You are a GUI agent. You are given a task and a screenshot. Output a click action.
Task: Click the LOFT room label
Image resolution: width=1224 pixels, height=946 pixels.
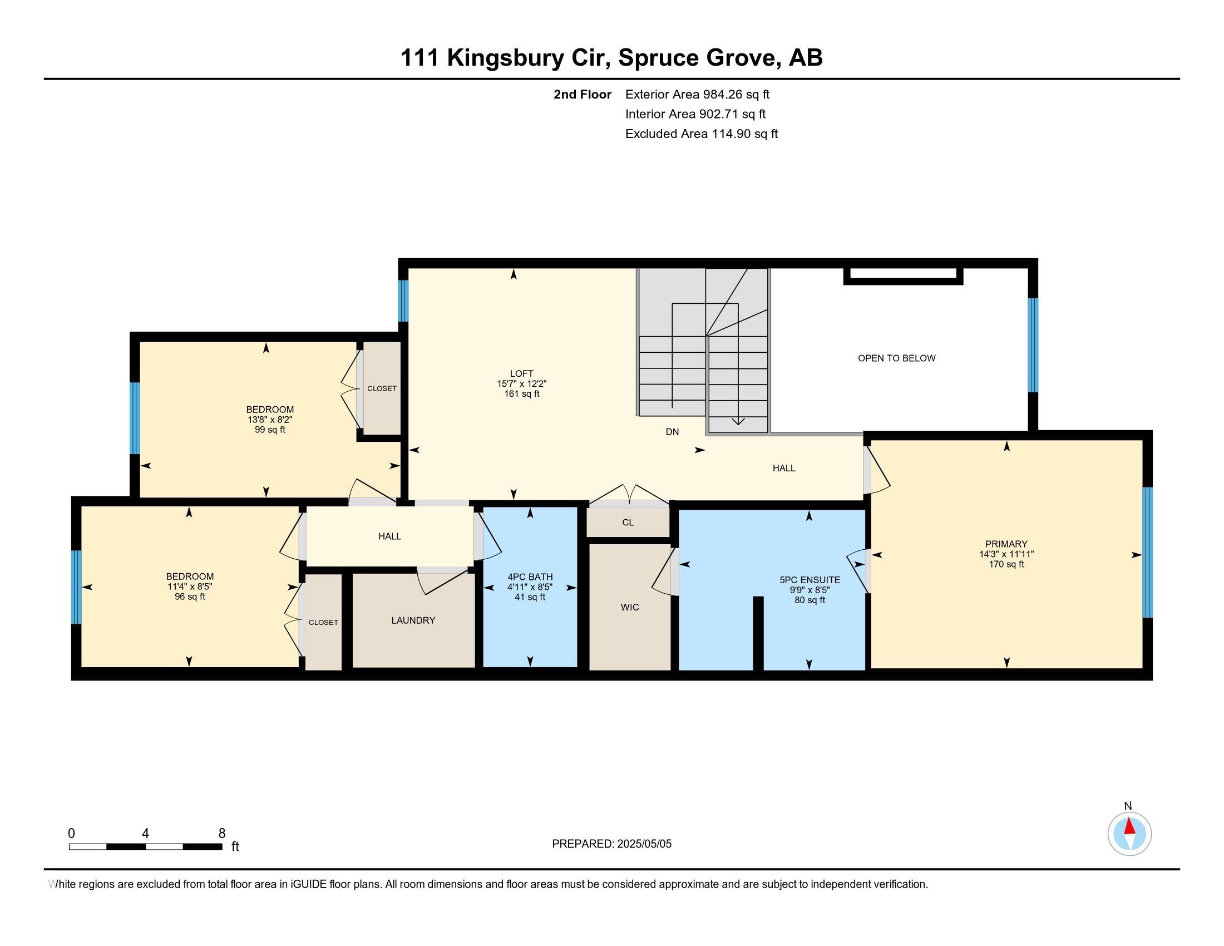(x=521, y=374)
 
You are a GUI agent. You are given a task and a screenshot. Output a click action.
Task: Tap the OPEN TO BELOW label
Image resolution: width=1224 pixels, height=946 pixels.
(x=897, y=358)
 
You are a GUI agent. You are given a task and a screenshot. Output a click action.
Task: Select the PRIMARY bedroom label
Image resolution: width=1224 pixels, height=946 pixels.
(x=1006, y=544)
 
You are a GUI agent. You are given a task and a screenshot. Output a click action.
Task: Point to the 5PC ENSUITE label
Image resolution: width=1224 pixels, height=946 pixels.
(x=810, y=580)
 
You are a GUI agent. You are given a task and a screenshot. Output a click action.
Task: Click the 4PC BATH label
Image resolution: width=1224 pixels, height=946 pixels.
(x=530, y=577)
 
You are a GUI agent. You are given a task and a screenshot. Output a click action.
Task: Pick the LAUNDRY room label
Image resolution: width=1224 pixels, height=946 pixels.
(x=413, y=620)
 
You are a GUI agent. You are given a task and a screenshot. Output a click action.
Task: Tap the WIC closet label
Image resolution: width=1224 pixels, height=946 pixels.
(x=630, y=607)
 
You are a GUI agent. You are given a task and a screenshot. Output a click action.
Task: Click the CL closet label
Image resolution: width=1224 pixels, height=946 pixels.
(x=628, y=523)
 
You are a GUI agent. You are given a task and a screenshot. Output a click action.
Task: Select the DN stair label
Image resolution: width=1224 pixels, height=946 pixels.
(x=672, y=431)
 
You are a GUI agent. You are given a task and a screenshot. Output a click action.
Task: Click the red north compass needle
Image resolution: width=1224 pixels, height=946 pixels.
(x=1130, y=826)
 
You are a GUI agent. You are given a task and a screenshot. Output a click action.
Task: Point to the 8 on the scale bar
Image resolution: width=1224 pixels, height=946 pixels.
(x=222, y=833)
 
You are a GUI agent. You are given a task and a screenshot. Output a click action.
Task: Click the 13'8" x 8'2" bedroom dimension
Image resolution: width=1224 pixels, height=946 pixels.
(x=270, y=420)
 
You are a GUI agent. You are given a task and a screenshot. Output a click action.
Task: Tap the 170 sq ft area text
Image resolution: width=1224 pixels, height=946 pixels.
(x=1006, y=564)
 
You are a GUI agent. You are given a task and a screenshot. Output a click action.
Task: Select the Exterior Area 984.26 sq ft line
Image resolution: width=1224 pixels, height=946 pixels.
(x=697, y=94)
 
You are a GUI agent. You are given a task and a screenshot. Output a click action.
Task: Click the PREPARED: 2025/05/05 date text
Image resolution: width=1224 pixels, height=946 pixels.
(x=611, y=844)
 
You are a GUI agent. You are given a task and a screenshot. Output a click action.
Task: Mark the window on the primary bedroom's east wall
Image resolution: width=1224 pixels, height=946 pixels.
(x=1147, y=552)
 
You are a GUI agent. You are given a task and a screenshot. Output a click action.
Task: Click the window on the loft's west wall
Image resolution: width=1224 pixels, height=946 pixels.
(x=403, y=300)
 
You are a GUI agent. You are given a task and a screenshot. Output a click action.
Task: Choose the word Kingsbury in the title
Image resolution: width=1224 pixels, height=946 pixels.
(x=505, y=58)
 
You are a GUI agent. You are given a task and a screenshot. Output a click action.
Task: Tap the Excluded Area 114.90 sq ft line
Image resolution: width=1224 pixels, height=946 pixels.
(x=702, y=134)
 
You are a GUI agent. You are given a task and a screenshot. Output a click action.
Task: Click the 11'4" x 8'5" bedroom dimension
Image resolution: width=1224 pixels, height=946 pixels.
(x=190, y=587)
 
